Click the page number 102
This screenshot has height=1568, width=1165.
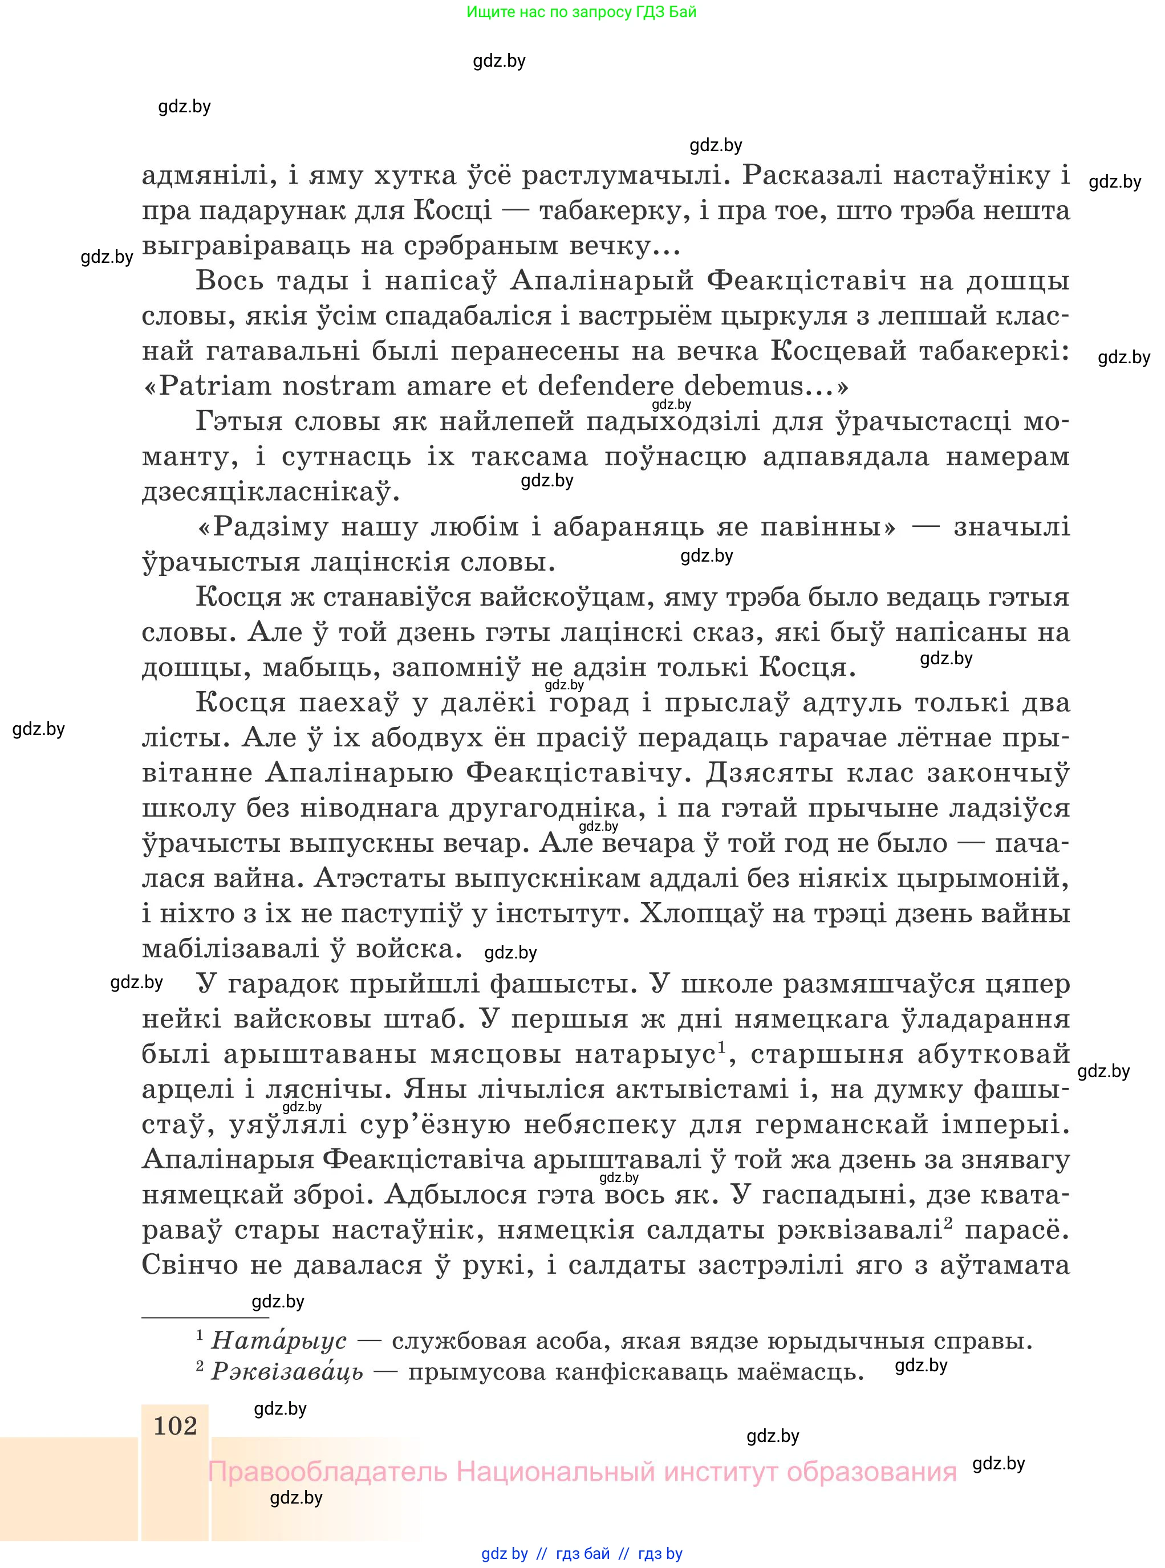[x=175, y=1426]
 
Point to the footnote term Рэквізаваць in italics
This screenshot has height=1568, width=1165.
[x=287, y=1371]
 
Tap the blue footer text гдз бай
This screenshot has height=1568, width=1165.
[x=583, y=1554]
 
